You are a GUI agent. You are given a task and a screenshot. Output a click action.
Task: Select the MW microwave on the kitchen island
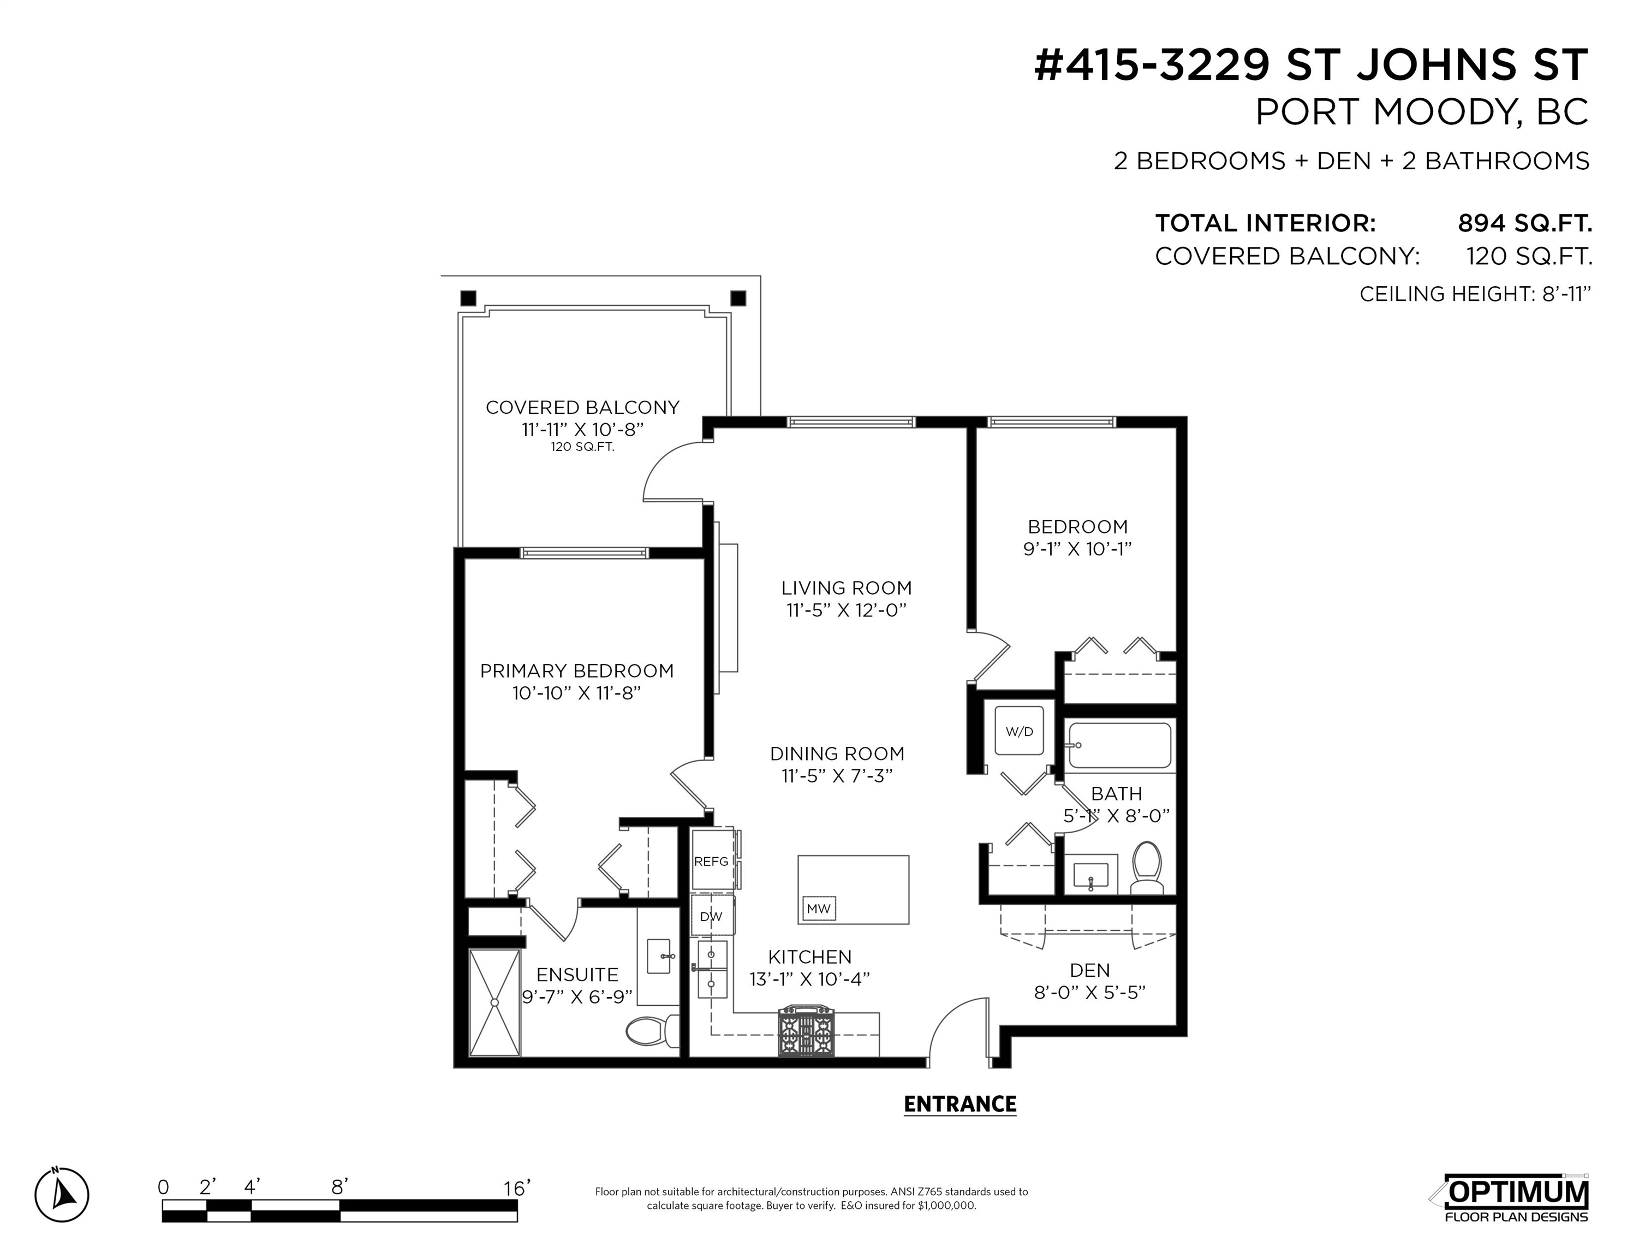click(x=819, y=909)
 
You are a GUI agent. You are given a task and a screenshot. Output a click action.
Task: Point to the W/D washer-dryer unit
click(x=1019, y=731)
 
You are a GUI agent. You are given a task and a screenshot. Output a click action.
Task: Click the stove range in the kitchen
click(x=806, y=1031)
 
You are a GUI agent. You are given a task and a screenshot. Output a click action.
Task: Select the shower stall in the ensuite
click(x=494, y=1002)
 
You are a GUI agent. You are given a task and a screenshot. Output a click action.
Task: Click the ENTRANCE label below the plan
click(x=959, y=1103)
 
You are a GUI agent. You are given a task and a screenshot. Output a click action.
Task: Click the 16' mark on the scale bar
click(x=516, y=1187)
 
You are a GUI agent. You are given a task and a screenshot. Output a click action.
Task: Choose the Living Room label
click(x=847, y=588)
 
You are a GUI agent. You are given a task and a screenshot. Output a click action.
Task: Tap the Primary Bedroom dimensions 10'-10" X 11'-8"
click(x=576, y=693)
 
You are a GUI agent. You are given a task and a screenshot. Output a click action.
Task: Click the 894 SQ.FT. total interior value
click(x=1525, y=223)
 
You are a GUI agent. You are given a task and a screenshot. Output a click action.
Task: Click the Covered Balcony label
click(x=582, y=408)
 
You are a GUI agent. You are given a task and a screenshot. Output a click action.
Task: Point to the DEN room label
click(x=1090, y=970)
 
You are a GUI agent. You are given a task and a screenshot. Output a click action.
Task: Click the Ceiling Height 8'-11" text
click(x=1475, y=294)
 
